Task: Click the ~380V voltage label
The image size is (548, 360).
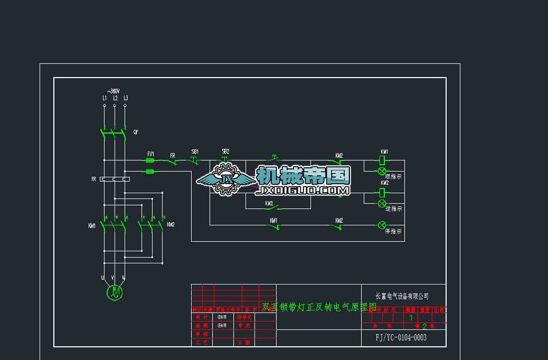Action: tap(114, 91)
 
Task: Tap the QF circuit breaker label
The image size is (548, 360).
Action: tap(136, 132)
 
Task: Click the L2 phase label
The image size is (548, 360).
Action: tap(115, 98)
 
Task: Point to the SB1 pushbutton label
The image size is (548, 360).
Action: tap(195, 151)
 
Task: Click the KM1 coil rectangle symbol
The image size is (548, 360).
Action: tap(382, 160)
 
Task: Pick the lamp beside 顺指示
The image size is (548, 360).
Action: tap(382, 171)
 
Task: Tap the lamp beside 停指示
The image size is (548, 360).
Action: tap(382, 225)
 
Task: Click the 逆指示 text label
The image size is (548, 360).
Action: tap(394, 209)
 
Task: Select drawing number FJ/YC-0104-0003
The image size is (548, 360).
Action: tap(401, 338)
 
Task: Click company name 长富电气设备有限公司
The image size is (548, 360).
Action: tap(402, 297)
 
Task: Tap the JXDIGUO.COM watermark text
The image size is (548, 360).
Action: tap(303, 191)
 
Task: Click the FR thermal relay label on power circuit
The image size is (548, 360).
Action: tap(94, 179)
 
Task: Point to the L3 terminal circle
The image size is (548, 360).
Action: tap(125, 106)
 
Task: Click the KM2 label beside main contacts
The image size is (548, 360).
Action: tap(171, 225)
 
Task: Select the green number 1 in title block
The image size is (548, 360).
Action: tap(411, 318)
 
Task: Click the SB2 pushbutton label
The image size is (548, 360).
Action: tap(225, 151)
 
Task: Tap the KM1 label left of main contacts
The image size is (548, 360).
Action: tap(92, 226)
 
